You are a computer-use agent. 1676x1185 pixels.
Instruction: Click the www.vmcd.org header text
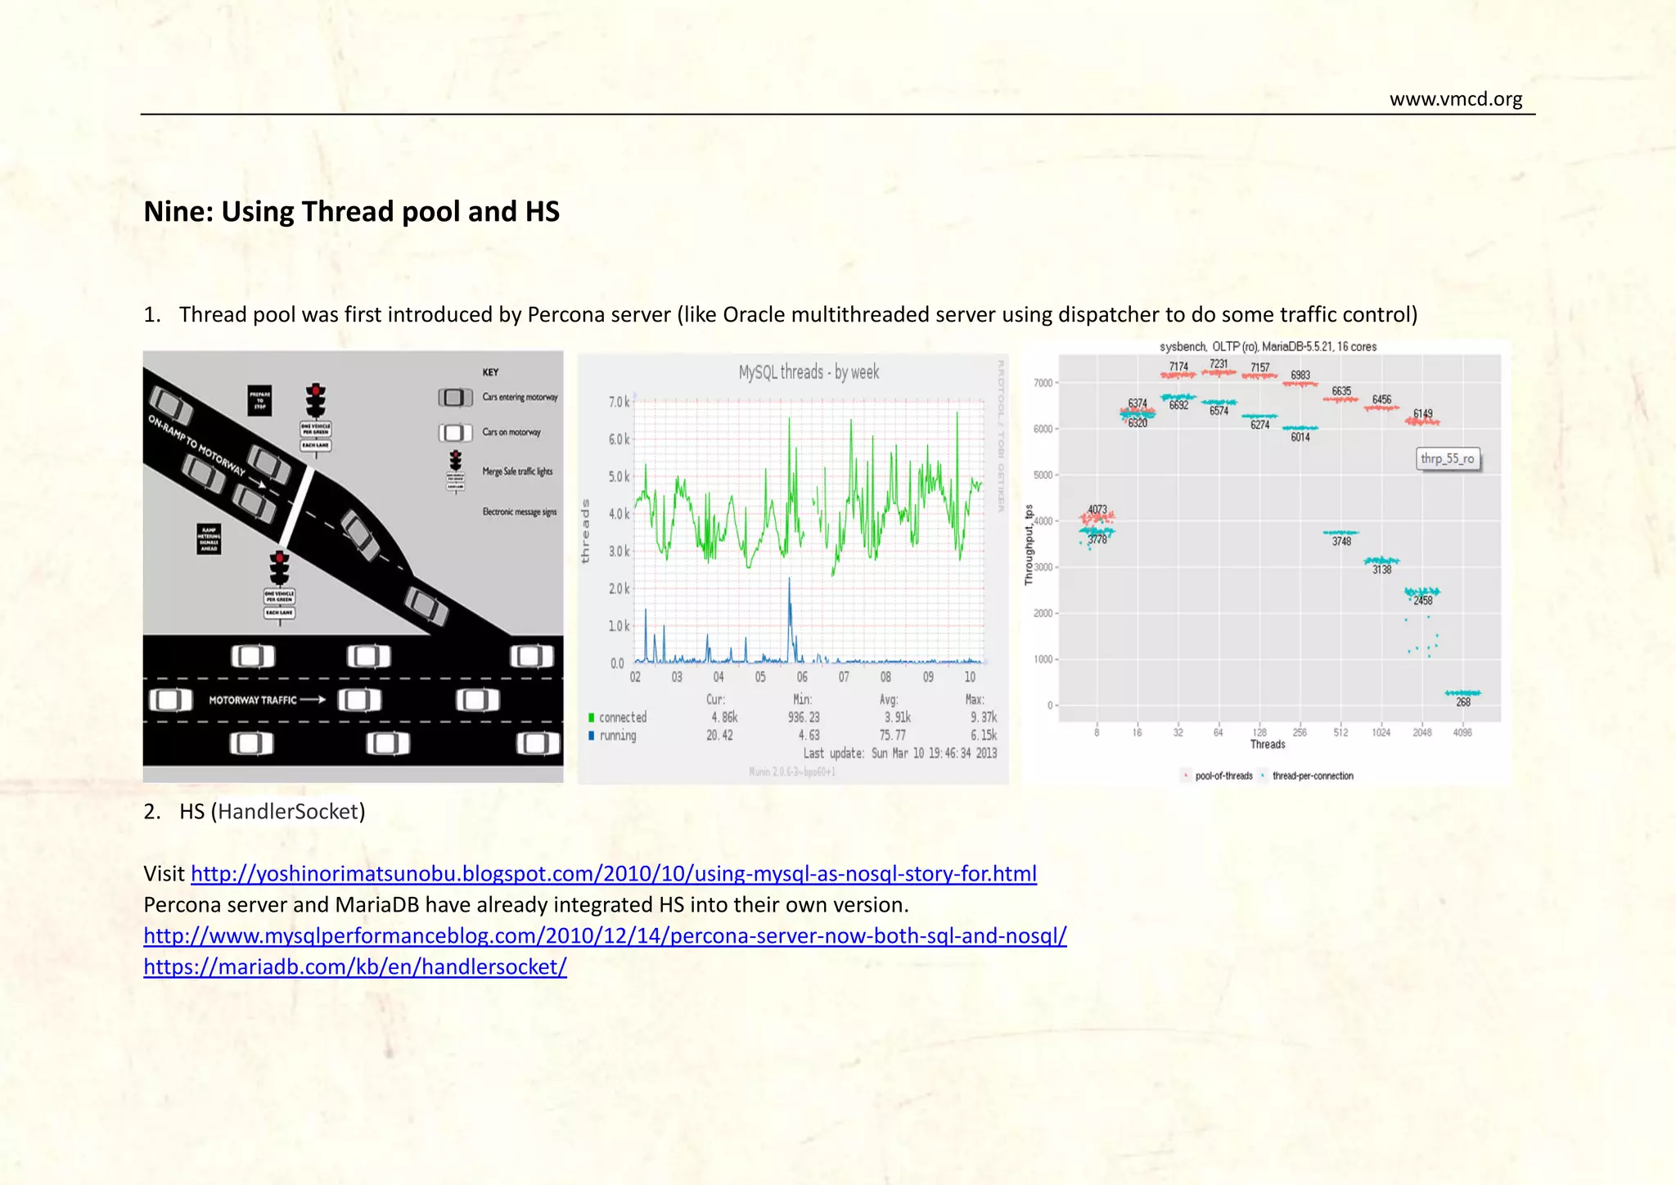coord(1455,99)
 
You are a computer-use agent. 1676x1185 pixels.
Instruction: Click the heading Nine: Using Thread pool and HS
coord(351,211)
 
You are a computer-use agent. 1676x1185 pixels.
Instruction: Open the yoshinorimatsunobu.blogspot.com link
coord(613,873)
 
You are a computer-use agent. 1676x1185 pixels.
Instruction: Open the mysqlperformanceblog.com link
coord(605,935)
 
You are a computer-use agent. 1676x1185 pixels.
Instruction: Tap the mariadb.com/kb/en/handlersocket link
coord(354,966)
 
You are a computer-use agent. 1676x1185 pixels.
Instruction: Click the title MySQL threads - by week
coord(809,372)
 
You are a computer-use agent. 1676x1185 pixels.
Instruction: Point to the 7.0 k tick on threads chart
coord(619,402)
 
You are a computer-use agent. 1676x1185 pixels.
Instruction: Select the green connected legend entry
coord(618,718)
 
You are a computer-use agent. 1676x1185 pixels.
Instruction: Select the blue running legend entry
coord(613,736)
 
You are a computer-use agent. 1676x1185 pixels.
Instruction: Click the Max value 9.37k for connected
coord(984,718)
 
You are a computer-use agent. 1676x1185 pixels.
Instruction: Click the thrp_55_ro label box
coord(1447,458)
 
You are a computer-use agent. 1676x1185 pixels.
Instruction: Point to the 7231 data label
coord(1219,364)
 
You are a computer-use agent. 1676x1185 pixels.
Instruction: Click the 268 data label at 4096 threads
coord(1463,702)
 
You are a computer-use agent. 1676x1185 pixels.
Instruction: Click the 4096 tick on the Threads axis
coord(1462,732)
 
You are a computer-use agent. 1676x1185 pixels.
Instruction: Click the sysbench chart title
coord(1268,347)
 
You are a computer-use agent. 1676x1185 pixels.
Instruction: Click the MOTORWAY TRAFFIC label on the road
coord(253,700)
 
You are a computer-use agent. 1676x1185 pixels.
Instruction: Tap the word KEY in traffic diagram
coord(490,372)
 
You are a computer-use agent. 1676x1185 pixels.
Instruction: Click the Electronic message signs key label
coord(519,512)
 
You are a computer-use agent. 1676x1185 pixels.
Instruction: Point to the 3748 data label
coord(1341,542)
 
